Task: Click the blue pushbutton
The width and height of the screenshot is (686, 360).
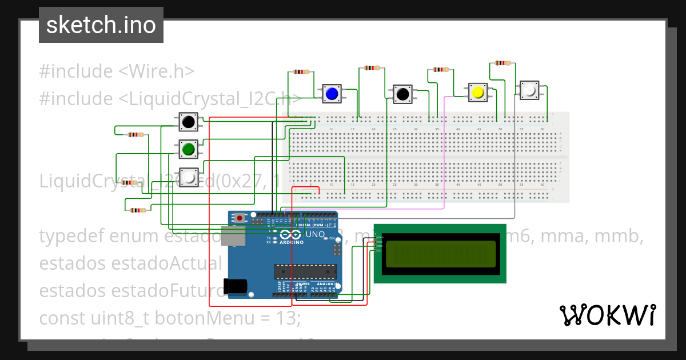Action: (331, 93)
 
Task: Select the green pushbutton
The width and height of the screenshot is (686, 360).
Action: (188, 150)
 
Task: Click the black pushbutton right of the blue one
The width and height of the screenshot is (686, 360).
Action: (402, 94)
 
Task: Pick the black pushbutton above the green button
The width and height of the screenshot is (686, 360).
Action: (188, 122)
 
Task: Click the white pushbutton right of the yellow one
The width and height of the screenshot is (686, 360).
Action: (529, 90)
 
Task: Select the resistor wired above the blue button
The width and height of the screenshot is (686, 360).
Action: (301, 72)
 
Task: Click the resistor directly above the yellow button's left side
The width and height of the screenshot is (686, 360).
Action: (441, 70)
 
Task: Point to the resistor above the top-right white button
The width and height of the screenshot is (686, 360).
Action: (502, 63)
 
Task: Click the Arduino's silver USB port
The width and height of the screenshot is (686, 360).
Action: (236, 236)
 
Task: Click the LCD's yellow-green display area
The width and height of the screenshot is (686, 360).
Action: (440, 254)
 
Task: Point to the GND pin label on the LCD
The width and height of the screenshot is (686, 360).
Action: (380, 237)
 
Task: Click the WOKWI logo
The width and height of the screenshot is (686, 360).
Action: (607, 315)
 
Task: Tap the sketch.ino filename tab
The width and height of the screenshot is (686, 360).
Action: (101, 25)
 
